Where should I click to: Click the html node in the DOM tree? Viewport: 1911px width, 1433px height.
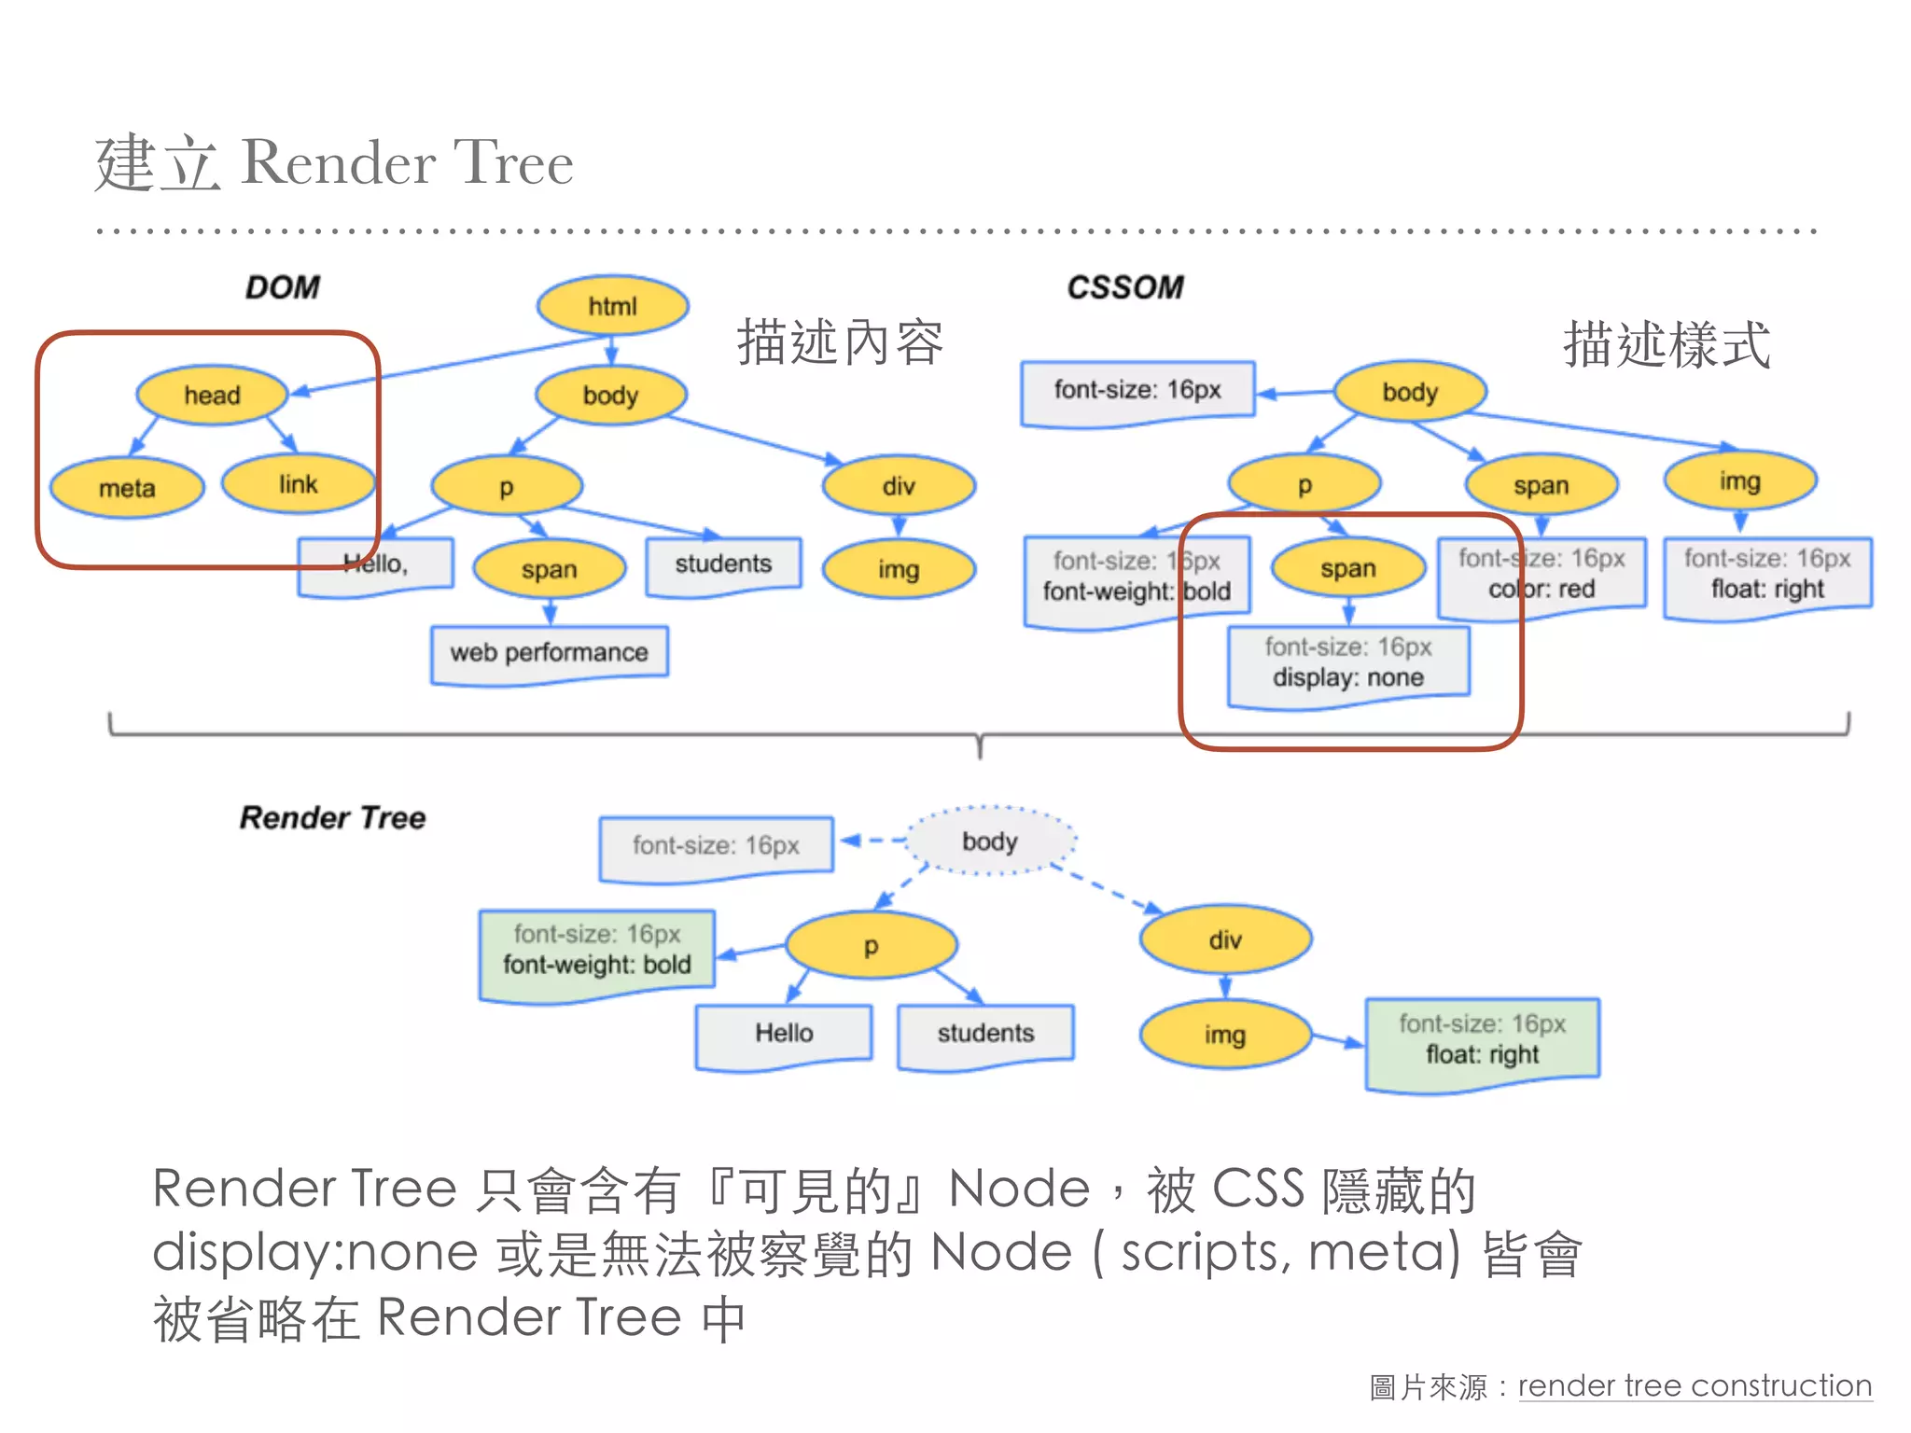612,306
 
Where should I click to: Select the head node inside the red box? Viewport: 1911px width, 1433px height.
212,396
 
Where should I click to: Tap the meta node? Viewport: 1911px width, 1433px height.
127,488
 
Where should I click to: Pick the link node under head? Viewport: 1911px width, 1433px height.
298,484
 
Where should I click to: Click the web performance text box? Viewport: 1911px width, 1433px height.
549,653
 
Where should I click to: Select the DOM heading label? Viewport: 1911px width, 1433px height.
282,287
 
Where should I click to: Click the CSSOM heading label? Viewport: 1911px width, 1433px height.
1125,287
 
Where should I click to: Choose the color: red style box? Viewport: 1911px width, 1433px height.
1541,575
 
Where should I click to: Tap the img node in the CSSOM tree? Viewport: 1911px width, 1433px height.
1739,481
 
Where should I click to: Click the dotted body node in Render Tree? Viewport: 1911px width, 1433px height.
990,842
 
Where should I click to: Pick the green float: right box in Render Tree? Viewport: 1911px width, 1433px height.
1482,1041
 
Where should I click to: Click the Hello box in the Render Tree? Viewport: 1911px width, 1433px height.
784,1034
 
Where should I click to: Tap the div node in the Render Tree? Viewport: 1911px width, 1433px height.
1224,940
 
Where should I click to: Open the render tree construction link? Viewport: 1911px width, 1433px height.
1695,1386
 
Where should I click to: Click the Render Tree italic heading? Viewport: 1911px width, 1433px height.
332,818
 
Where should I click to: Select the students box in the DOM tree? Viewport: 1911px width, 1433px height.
723,564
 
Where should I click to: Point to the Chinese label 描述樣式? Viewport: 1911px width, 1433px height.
1667,345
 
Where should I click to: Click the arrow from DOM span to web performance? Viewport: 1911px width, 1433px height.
550,612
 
